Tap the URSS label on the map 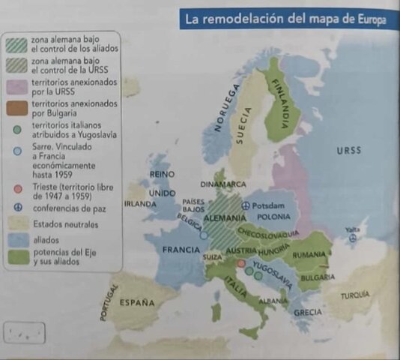pyautogui.click(x=348, y=151)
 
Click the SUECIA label pyautogui.click(x=243, y=124)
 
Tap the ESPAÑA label pyautogui.click(x=137, y=303)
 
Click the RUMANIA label pyautogui.click(x=309, y=255)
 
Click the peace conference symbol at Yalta pyautogui.click(x=353, y=240)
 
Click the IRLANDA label pyautogui.click(x=140, y=203)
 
